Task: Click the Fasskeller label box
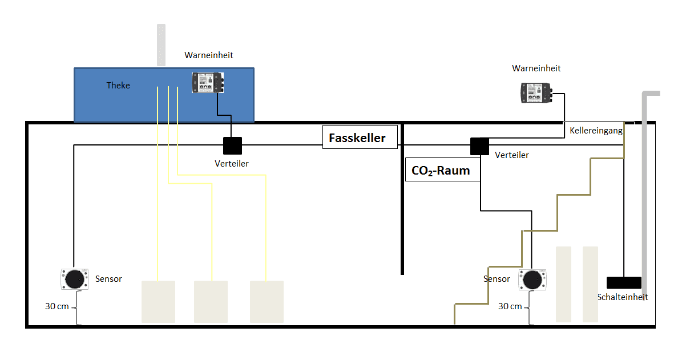pyautogui.click(x=360, y=137)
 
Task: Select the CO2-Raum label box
pyautogui.click(x=442, y=170)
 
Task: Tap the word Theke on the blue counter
pyautogui.click(x=118, y=86)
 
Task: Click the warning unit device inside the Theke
pyautogui.click(x=208, y=82)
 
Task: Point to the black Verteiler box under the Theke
pyautogui.click(x=232, y=146)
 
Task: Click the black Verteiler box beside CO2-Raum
pyautogui.click(x=479, y=147)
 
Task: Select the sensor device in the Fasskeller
pyautogui.click(x=74, y=279)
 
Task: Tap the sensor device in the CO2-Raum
pyautogui.click(x=533, y=280)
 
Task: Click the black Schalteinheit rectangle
pyautogui.click(x=624, y=282)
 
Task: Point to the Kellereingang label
pyautogui.click(x=596, y=130)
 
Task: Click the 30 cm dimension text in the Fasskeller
pyautogui.click(x=57, y=306)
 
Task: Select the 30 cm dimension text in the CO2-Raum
pyautogui.click(x=510, y=306)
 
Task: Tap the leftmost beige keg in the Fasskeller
pyautogui.click(x=158, y=301)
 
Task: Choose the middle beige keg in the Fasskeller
pyautogui.click(x=211, y=301)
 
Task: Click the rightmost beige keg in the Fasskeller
pyautogui.click(x=267, y=301)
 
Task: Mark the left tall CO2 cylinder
pyautogui.click(x=563, y=284)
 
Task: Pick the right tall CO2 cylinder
pyautogui.click(x=590, y=284)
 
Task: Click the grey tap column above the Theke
pyautogui.click(x=162, y=45)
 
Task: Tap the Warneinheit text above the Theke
pyautogui.click(x=209, y=55)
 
